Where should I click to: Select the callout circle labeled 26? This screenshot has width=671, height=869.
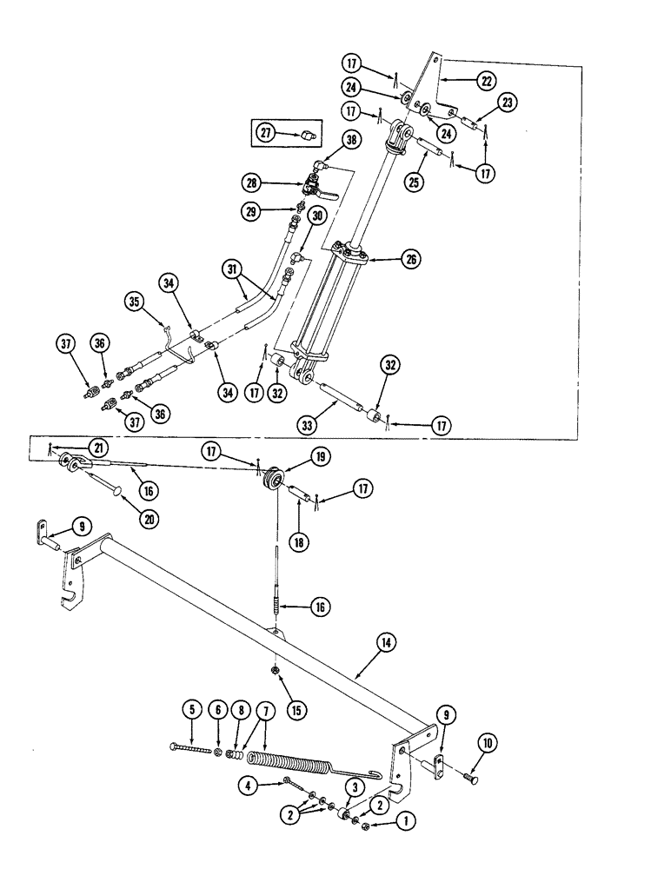[409, 257]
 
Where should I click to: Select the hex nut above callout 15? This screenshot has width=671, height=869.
[275, 670]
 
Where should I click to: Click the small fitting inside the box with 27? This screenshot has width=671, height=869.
[306, 136]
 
